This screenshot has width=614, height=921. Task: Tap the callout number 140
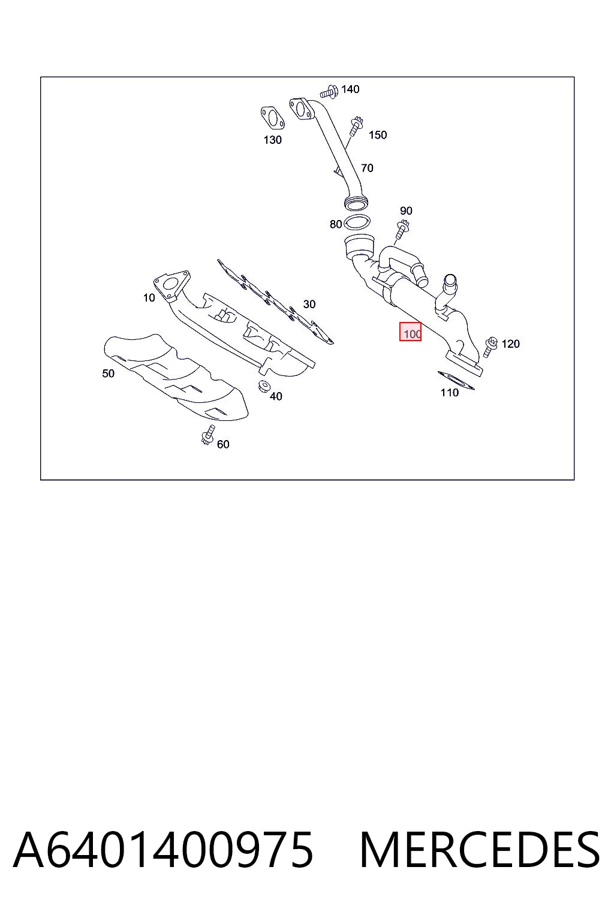click(350, 89)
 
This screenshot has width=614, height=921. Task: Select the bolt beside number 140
click(329, 92)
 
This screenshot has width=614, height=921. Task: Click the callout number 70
click(367, 168)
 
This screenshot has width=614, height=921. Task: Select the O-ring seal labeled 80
click(357, 222)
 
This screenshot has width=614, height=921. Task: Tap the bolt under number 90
click(402, 230)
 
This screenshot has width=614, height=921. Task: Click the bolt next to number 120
click(490, 347)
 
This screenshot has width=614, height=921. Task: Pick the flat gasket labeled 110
click(456, 380)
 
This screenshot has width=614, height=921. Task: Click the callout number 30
click(309, 304)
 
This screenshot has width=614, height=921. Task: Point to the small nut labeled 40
click(263, 387)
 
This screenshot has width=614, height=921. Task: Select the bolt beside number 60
click(209, 435)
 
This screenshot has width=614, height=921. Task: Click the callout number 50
click(108, 374)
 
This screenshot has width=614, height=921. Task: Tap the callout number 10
click(149, 297)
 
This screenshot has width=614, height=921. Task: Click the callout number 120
click(511, 344)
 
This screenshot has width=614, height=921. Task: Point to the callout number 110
click(450, 393)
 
